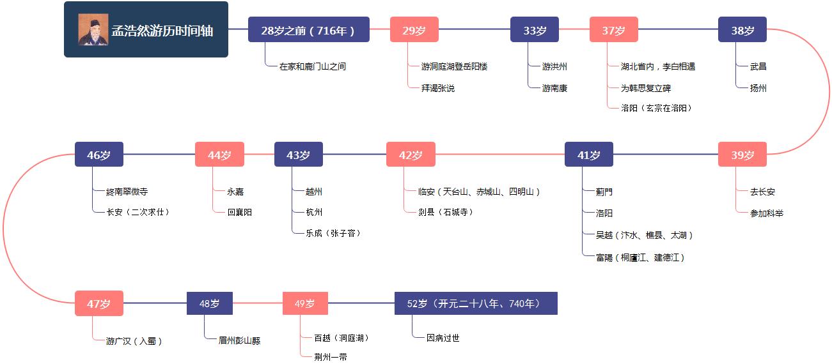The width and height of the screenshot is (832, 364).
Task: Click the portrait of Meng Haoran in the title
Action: pyautogui.click(x=93, y=29)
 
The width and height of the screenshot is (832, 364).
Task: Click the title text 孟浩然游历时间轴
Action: pyautogui.click(x=162, y=30)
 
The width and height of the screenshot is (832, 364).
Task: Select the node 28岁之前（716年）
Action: pyautogui.click(x=308, y=30)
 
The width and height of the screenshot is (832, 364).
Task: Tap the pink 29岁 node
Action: pyautogui.click(x=414, y=30)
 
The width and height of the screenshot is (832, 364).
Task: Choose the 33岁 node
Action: pyautogui.click(x=534, y=30)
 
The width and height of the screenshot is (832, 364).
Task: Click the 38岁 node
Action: pyautogui.click(x=742, y=30)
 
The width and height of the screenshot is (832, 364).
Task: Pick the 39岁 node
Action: pyautogui.click(x=742, y=155)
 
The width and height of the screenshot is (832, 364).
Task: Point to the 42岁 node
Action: pyautogui.click(x=411, y=155)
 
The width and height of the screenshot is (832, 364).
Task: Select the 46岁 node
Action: pyautogui.click(x=99, y=155)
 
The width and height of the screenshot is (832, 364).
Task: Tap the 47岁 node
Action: pyautogui.click(x=99, y=303)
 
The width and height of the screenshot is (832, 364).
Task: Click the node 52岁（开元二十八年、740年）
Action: pyautogui.click(x=476, y=303)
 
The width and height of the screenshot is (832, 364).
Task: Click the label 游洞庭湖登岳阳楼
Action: pyautogui.click(x=454, y=66)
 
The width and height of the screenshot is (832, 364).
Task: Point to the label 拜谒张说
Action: pyautogui.click(x=437, y=88)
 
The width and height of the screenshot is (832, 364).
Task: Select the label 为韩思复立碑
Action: pyautogui.click(x=645, y=88)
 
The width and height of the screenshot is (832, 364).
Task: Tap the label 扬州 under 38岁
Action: pyautogui.click(x=758, y=88)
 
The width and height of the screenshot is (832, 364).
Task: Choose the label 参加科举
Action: pyautogui.click(x=766, y=213)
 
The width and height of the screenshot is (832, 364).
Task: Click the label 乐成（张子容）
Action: pyautogui.click(x=333, y=233)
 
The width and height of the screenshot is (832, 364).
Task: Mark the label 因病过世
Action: pyautogui.click(x=443, y=338)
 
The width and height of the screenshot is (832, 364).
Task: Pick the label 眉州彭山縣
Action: pyautogui.click(x=239, y=340)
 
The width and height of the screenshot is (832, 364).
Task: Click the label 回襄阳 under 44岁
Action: pyautogui.click(x=239, y=212)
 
